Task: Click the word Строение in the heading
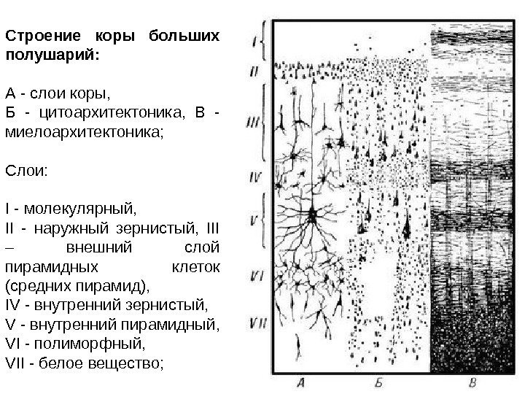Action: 40,35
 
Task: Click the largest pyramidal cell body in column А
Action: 313,215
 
